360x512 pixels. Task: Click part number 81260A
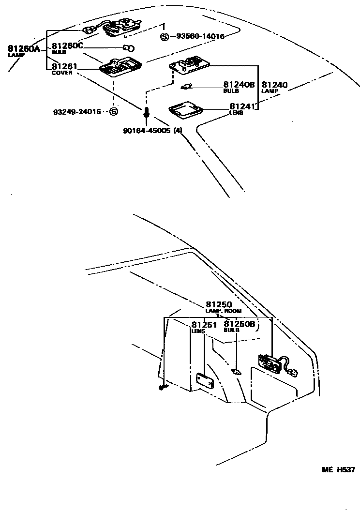tap(24, 48)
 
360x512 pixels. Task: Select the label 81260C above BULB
tap(68, 45)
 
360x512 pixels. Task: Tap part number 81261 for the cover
tap(64, 67)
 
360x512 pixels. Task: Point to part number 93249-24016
tap(77, 112)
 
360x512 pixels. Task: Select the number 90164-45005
tap(147, 131)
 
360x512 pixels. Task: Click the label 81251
tap(204, 325)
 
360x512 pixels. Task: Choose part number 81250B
tap(239, 324)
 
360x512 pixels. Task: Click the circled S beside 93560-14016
tap(165, 36)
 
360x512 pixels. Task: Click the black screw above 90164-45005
tap(146, 114)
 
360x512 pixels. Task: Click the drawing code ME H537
tap(339, 469)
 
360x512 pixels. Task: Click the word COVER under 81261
tap(62, 73)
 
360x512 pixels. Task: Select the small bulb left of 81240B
tap(186, 87)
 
